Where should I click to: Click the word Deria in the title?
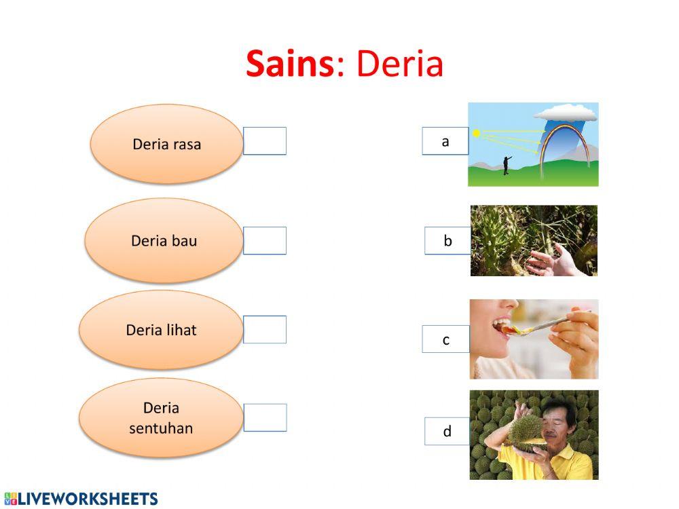click(x=399, y=64)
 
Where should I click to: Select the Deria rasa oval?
click(x=166, y=144)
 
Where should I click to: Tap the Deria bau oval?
click(x=164, y=241)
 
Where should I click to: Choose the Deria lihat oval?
click(x=161, y=330)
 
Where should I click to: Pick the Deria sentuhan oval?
click(x=161, y=417)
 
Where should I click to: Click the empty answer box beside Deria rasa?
click(x=265, y=141)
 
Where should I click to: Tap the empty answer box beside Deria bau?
click(x=265, y=241)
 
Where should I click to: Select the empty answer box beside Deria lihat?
click(x=265, y=330)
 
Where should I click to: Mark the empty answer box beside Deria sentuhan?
click(x=265, y=417)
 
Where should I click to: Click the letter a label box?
click(x=445, y=141)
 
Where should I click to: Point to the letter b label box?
click(x=447, y=241)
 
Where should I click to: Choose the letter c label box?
click(x=445, y=339)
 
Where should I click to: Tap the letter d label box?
click(x=447, y=432)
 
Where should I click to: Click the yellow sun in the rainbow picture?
click(x=477, y=133)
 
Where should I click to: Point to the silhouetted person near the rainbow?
click(x=506, y=164)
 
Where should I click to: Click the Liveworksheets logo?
click(x=81, y=499)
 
